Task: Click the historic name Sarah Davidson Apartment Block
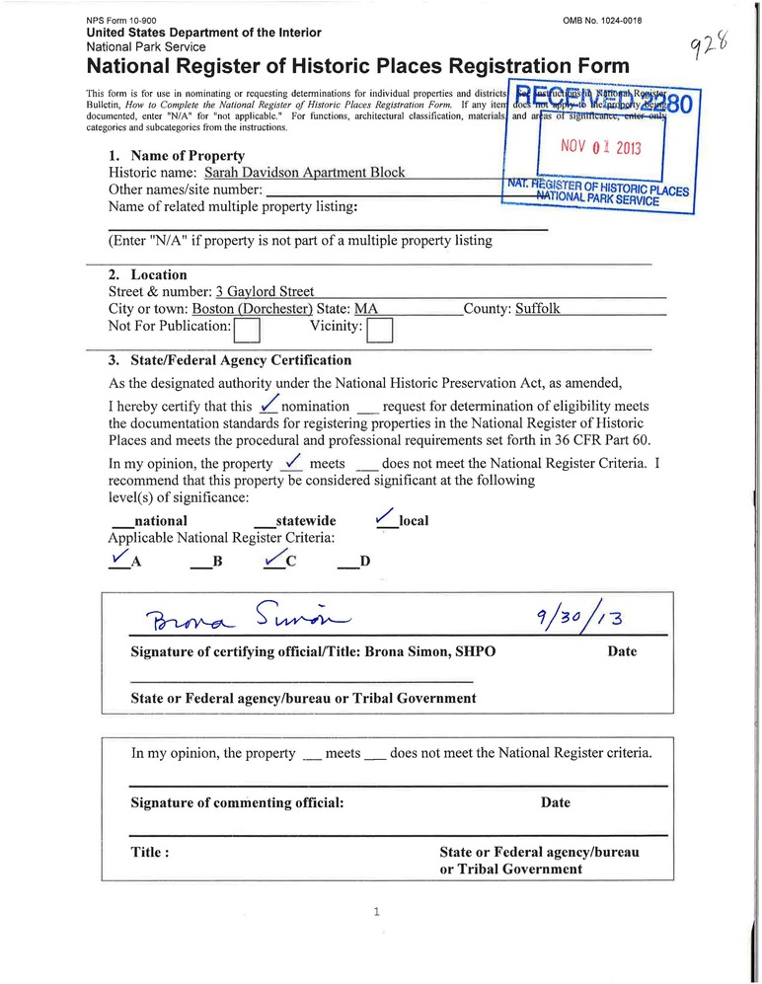(x=304, y=172)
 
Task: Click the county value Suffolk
(x=537, y=308)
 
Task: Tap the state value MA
(x=366, y=308)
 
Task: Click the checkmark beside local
(x=386, y=517)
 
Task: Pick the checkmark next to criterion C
(x=273, y=559)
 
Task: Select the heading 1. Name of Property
(x=177, y=156)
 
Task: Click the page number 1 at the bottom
(x=377, y=912)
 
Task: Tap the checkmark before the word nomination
(x=268, y=405)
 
